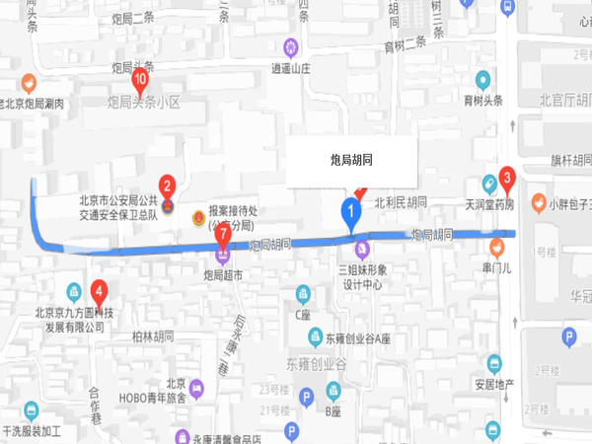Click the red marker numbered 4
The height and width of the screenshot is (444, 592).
coord(99,291)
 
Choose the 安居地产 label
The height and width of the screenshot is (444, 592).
coord(497,385)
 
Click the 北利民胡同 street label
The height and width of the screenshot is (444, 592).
coord(401,202)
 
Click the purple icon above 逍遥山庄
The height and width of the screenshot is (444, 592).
coord(290,46)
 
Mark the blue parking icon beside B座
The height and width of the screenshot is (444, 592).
coord(307,397)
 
